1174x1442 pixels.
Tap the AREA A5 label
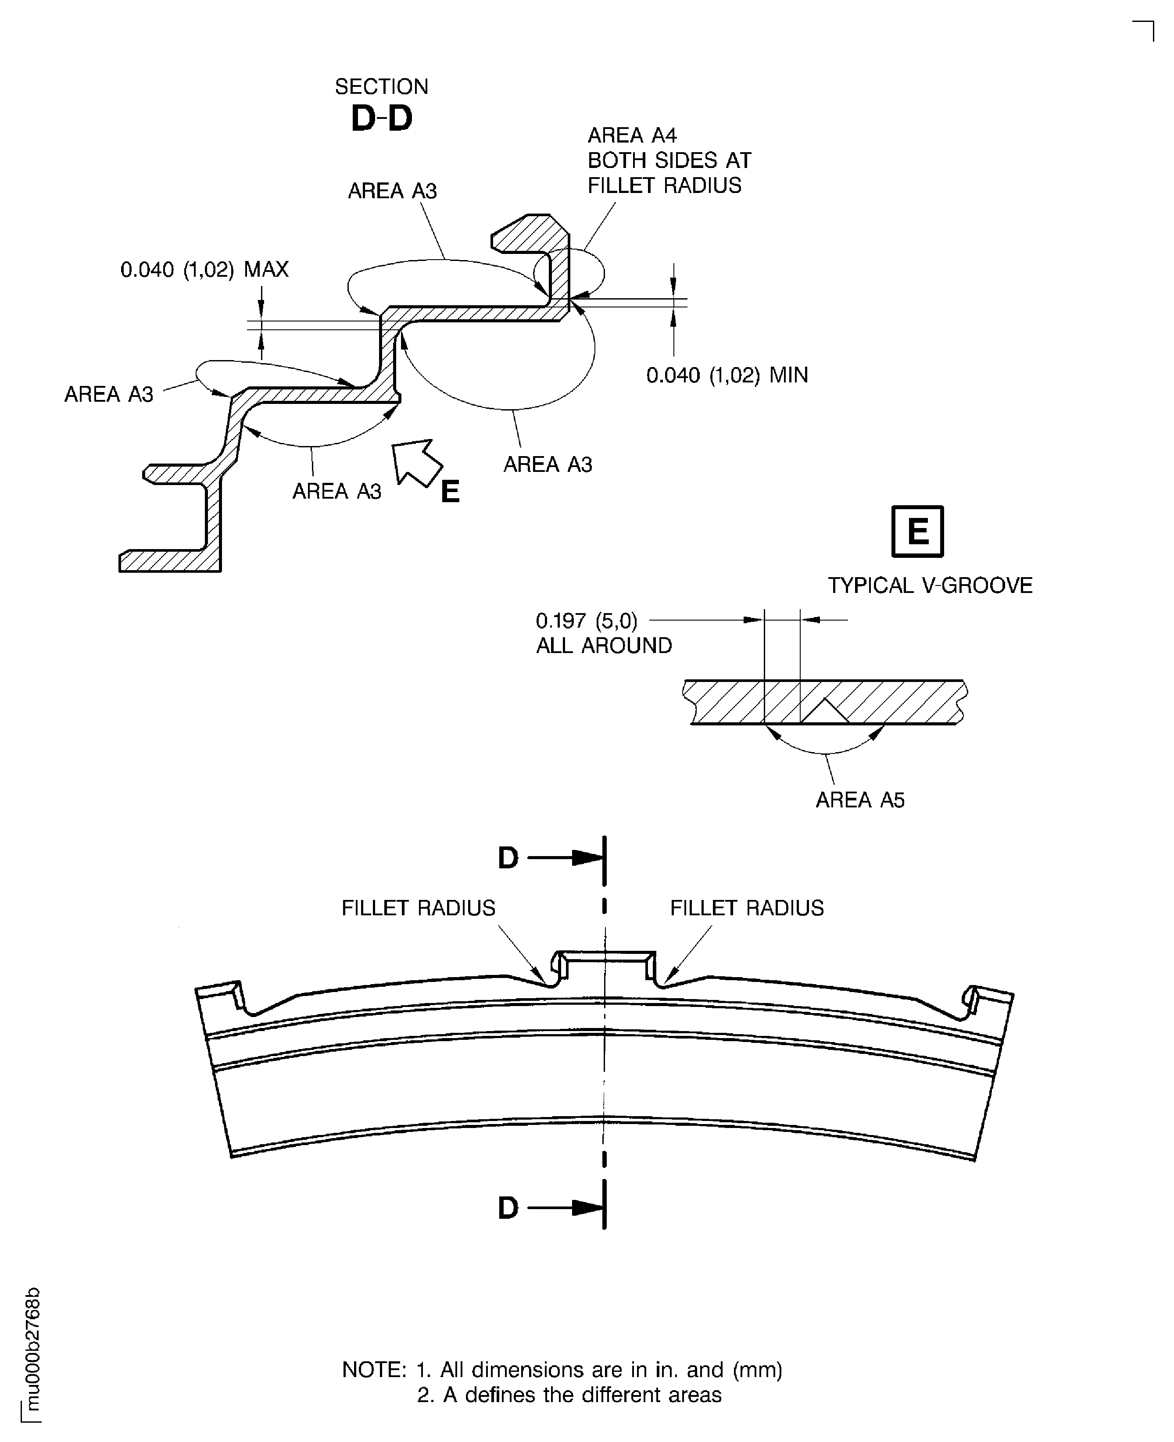859,800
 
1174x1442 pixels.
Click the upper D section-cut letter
508,858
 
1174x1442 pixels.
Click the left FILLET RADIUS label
418,907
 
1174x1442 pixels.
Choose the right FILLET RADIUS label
747,907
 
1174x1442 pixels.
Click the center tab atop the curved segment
604,964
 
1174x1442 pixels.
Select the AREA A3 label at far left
108,394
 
